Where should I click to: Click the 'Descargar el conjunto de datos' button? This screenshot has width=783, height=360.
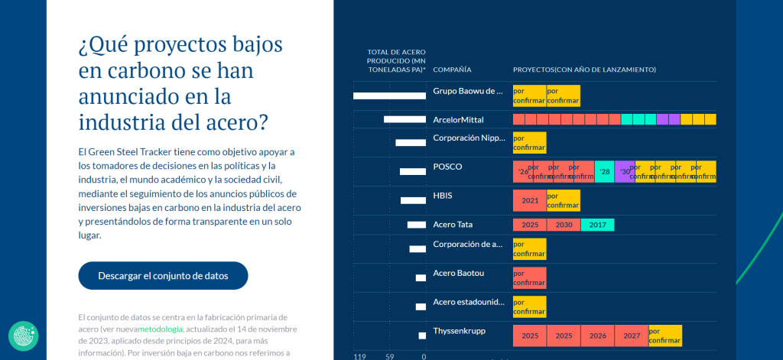click(163, 276)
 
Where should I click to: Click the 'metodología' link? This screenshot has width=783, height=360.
click(161, 329)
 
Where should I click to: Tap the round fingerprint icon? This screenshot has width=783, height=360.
click(24, 336)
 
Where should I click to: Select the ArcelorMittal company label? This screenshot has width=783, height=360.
click(458, 120)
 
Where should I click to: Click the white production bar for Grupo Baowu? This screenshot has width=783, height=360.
click(389, 96)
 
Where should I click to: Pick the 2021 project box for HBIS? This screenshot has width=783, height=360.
click(529, 200)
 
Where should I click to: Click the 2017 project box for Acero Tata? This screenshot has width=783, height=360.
click(597, 225)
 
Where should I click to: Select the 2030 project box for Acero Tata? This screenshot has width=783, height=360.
click(564, 225)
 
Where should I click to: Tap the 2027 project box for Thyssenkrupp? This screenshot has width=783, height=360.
click(632, 336)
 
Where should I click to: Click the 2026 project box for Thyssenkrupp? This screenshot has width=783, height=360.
click(597, 336)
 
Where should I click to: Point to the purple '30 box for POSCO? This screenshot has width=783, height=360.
click(625, 171)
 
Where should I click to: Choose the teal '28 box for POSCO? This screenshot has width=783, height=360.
click(604, 171)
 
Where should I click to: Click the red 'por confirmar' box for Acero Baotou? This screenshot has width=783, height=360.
click(529, 277)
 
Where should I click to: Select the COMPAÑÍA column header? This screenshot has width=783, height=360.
click(452, 70)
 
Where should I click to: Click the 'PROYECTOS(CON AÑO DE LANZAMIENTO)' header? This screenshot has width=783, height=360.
click(584, 70)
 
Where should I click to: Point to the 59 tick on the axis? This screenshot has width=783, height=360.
click(389, 356)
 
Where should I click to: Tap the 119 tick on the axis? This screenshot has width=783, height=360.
click(359, 356)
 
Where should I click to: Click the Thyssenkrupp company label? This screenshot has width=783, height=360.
click(459, 331)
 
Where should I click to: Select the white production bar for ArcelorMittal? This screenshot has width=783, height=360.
click(404, 119)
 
